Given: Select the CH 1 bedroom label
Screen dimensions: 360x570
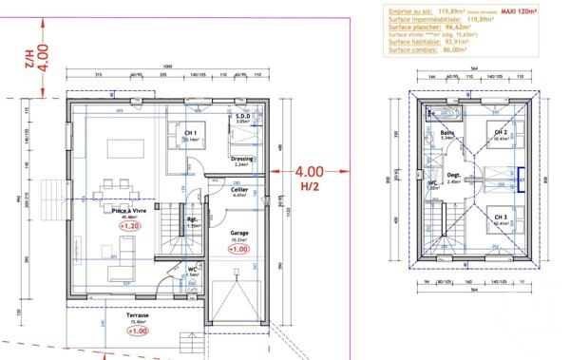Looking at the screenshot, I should (190, 133).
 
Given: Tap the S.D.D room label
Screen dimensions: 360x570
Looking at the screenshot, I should (241, 117).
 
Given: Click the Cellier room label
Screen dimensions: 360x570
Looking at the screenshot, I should (239, 189).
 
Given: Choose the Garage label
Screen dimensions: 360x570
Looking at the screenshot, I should (239, 232).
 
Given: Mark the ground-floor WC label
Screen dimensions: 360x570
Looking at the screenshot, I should (193, 269).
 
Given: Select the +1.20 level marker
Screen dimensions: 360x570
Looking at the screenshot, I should (129, 227).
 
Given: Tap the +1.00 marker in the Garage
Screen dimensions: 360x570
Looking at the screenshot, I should (238, 252).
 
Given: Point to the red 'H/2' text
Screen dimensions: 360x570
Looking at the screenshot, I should (310, 187).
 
